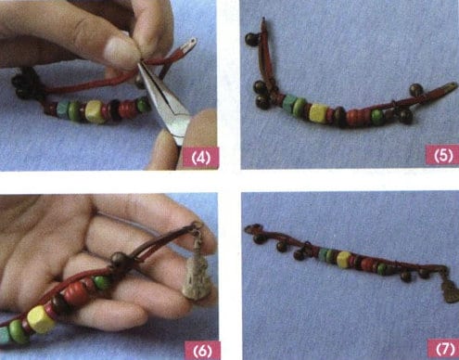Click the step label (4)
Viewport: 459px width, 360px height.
tap(198, 157)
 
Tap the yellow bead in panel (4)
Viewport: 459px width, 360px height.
tap(95, 113)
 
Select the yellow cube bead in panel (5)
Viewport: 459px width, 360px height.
tap(319, 113)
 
